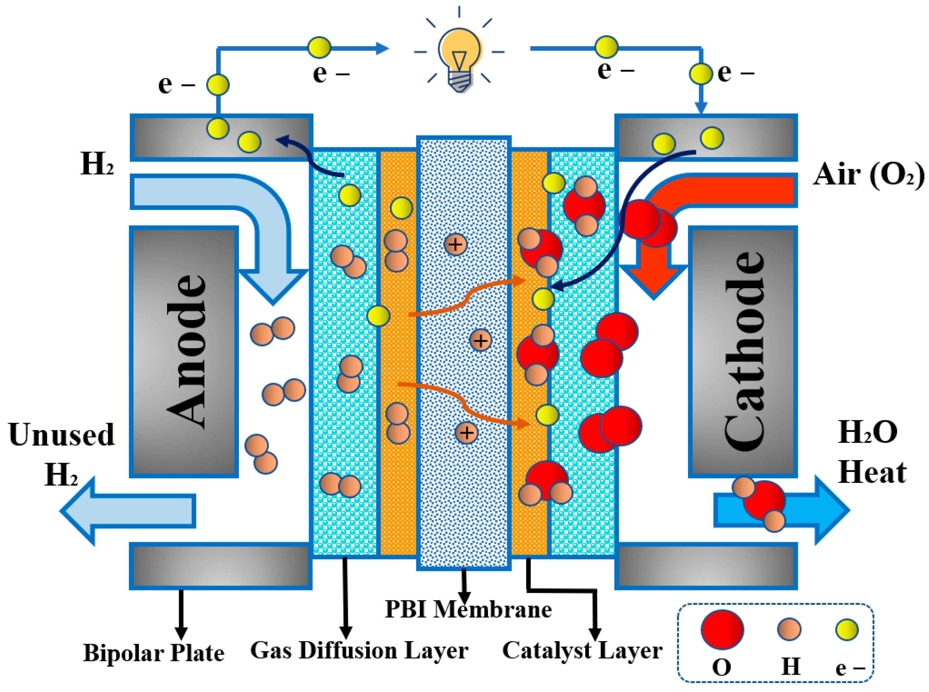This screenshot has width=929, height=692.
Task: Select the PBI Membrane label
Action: [x=468, y=609]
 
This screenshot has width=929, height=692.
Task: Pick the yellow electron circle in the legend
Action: [x=847, y=630]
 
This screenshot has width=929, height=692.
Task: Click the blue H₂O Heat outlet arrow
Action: [x=820, y=510]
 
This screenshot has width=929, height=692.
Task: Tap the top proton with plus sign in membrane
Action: [x=455, y=244]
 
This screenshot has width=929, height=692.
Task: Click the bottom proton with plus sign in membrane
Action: [x=467, y=433]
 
